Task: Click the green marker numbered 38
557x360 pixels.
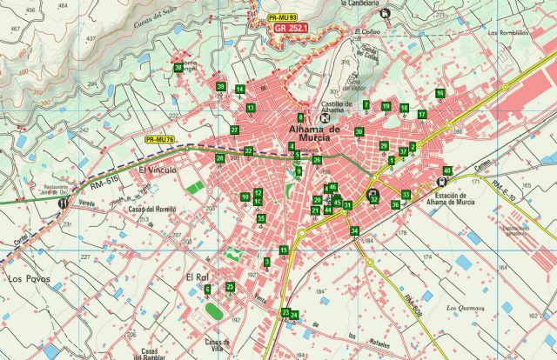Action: tap(178, 68)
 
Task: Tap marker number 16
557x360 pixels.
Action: tap(440, 93)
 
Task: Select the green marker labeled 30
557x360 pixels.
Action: tap(359, 131)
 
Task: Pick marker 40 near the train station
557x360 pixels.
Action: tap(447, 170)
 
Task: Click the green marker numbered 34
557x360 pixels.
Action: tap(354, 230)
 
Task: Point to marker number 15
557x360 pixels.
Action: tap(284, 250)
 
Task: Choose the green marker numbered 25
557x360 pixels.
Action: tap(230, 286)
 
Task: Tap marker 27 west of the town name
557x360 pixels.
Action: tap(234, 130)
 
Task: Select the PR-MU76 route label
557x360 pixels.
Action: tap(160, 139)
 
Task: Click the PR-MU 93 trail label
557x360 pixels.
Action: tap(283, 17)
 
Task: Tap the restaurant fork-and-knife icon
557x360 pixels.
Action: tap(63, 203)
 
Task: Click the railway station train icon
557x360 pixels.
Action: tap(439, 183)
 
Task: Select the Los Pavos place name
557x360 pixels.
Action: tap(27, 278)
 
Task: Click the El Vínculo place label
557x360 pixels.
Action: tap(158, 170)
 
